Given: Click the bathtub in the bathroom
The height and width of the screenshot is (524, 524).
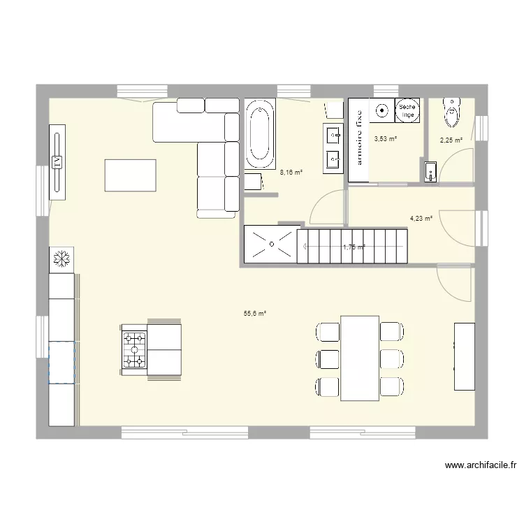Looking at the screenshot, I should (x=259, y=134).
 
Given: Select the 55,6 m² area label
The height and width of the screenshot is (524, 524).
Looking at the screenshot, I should (x=255, y=314).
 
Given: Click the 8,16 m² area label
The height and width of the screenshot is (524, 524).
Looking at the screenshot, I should (x=291, y=173).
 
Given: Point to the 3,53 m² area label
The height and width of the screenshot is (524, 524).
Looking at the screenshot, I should (x=386, y=139).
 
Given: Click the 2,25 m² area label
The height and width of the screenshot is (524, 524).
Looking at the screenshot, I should (x=451, y=140).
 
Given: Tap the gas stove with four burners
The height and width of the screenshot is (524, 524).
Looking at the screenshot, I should (x=134, y=349).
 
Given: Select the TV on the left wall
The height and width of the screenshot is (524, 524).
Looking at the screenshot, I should (x=57, y=161).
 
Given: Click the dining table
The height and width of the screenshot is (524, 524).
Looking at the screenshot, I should (x=359, y=358).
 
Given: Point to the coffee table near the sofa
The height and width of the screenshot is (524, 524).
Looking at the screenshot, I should (x=130, y=175).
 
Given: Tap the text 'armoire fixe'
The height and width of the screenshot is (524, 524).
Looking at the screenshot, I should (x=358, y=140).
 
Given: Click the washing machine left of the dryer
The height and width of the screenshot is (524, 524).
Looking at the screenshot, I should (x=381, y=110).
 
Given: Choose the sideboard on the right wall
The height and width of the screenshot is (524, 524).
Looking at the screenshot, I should (x=464, y=356).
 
